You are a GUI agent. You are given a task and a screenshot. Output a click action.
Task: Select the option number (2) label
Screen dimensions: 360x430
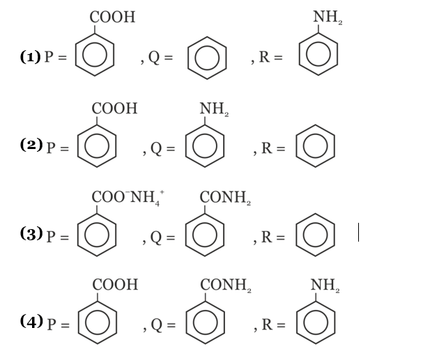click(x=31, y=145)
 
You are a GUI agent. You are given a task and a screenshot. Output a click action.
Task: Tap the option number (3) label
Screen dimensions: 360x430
click(x=31, y=233)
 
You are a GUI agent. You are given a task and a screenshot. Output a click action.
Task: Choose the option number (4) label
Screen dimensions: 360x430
click(x=31, y=321)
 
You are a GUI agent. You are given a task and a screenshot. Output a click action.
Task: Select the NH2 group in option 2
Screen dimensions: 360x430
click(x=214, y=109)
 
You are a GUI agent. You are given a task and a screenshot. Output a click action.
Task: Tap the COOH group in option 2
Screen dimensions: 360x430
click(x=114, y=109)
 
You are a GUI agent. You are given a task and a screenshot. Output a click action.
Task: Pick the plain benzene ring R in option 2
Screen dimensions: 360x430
click(x=316, y=146)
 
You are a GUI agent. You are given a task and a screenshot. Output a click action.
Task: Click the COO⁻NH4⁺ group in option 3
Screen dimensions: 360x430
click(x=128, y=197)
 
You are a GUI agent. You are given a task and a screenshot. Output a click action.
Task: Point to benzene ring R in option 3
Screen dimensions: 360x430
click(x=316, y=235)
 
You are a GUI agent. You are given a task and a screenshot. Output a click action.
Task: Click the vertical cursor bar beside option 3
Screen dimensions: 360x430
click(x=359, y=232)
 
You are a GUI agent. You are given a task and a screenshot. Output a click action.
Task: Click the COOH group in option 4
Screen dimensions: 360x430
click(x=115, y=285)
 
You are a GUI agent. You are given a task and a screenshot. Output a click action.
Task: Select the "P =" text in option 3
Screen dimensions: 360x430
click(x=58, y=236)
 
